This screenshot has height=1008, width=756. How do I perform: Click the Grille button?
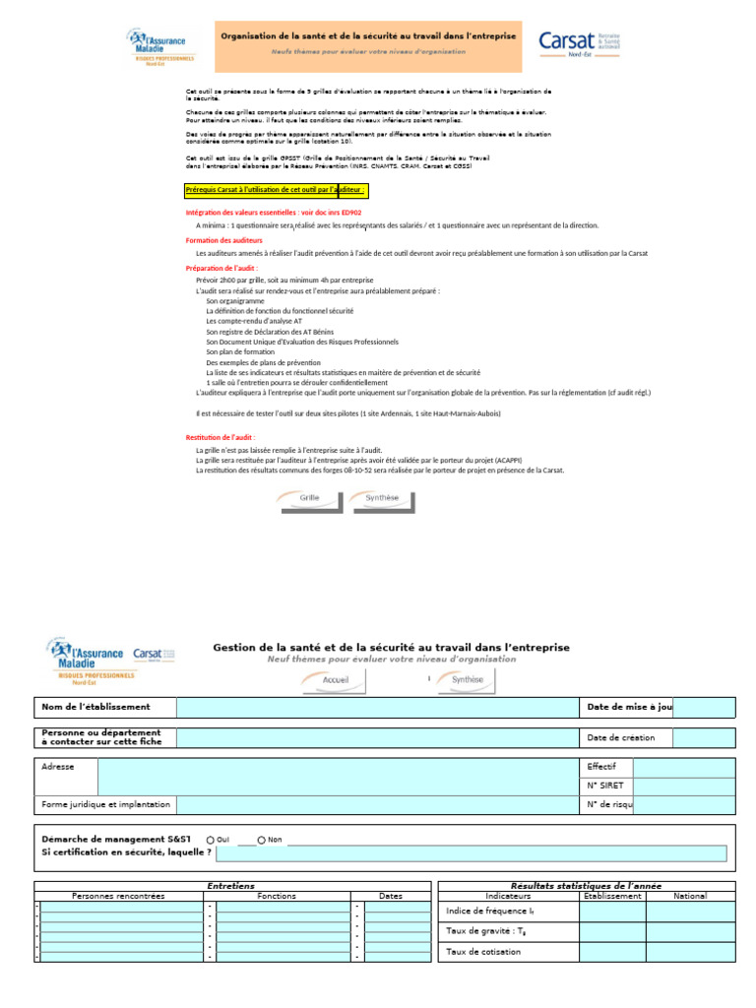[x=309, y=499]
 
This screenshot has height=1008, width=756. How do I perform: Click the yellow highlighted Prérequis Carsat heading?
[x=276, y=190]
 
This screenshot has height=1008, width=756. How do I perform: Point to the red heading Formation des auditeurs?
[x=224, y=240]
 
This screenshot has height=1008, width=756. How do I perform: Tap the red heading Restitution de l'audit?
[x=221, y=437]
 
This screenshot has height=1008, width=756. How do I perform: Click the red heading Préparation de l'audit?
[x=221, y=268]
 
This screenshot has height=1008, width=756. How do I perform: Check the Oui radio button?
[x=211, y=840]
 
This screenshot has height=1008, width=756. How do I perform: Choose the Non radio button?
[x=262, y=840]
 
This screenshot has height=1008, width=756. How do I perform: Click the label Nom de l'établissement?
[x=95, y=707]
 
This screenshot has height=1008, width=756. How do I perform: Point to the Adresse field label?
[x=58, y=766]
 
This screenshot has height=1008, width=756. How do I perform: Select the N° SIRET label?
[x=605, y=786]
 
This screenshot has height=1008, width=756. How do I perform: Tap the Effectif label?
[x=601, y=766]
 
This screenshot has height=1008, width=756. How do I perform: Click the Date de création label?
[x=621, y=737]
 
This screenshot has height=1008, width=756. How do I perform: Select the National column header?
[x=690, y=896]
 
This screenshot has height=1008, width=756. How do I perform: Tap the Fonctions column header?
[x=277, y=896]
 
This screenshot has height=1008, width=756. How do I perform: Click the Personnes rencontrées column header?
[x=119, y=896]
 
